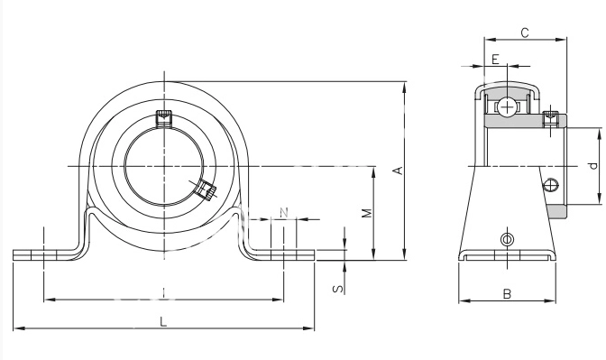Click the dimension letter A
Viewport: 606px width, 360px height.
(x=399, y=171)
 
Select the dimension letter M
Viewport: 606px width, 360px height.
(x=367, y=213)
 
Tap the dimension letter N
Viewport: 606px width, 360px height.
(x=284, y=212)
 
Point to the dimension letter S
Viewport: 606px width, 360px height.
(x=338, y=289)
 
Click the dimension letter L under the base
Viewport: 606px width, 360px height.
(x=163, y=321)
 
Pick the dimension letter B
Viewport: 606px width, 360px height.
(x=507, y=295)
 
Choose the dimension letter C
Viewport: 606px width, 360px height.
(x=525, y=33)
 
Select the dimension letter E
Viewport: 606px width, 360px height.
(x=495, y=60)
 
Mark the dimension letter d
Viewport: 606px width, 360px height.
(x=593, y=166)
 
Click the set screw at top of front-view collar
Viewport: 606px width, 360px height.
(x=163, y=118)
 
